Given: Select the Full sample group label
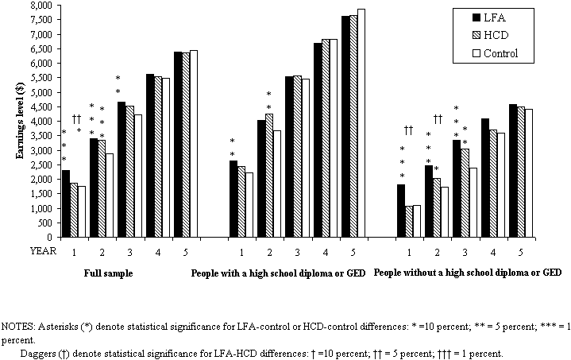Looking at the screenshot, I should (x=108, y=272).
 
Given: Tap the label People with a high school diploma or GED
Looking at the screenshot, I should (x=278, y=272).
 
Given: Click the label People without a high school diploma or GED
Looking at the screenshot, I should (x=468, y=272).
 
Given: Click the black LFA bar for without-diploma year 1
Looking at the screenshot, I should (x=401, y=211).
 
